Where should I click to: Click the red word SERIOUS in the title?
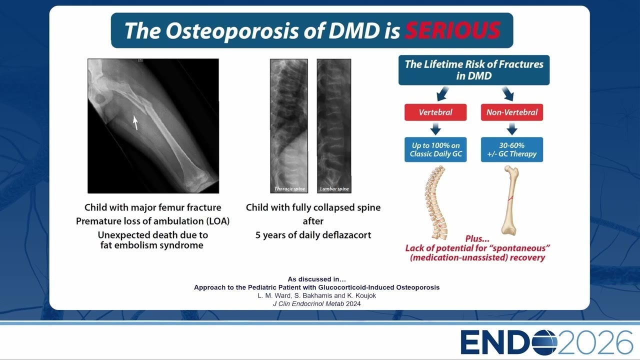pos(452,30)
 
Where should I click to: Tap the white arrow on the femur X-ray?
pos(135,122)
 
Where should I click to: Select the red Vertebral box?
pos(435,112)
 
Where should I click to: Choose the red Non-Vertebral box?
pos(512,112)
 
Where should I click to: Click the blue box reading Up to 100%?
pos(435,149)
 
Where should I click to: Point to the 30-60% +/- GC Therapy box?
pos(512,149)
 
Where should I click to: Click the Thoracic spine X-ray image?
pos(289,126)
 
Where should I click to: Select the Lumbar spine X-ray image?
pos(334,126)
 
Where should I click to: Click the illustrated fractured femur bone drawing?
pos(510,200)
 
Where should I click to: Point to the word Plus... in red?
pos(477,238)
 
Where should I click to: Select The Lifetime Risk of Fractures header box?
pos(474,70)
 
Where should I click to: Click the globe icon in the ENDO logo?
pos(545,342)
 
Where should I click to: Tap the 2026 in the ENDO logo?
pos(595,342)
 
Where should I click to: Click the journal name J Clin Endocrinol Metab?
pos(308,303)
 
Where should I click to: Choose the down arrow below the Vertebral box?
pos(435,129)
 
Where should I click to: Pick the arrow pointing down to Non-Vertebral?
pos(508,93)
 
